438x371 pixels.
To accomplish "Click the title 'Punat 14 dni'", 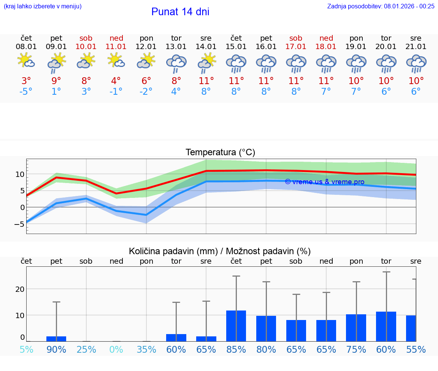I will tap(180, 12).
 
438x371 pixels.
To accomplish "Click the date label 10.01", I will tap(86, 46).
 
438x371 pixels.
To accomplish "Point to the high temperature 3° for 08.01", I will tap(26, 81).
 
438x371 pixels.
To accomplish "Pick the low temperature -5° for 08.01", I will tap(26, 92).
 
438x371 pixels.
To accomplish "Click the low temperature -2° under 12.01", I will tap(146, 92).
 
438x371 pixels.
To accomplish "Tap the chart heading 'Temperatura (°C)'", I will tap(220, 153).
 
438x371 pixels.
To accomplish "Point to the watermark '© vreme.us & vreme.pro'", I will tap(324, 182).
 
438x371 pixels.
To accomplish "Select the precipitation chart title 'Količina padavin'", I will tap(220, 251).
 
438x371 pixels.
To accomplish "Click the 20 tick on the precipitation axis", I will tap(20, 289).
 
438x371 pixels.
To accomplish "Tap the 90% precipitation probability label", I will tap(56, 349).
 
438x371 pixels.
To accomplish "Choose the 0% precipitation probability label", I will tap(116, 349).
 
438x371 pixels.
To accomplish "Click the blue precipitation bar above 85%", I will tap(236, 326).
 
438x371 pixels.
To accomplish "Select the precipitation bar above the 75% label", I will tap(356, 328).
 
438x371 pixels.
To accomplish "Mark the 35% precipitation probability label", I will tap(146, 349).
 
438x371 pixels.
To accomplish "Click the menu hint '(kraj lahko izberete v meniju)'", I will tap(43, 6).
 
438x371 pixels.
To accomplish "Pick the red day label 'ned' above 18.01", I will tap(326, 38).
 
